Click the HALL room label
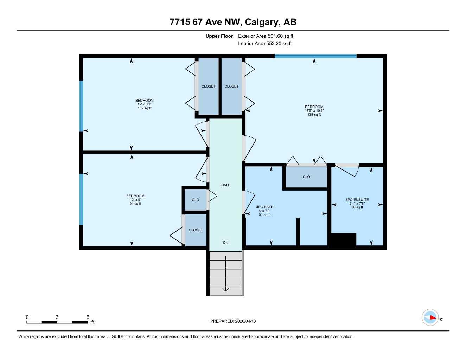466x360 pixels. pyautogui.click(x=225, y=185)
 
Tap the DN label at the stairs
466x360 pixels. pyautogui.click(x=225, y=243)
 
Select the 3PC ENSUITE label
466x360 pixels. pyautogui.click(x=357, y=200)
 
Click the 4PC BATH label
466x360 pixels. pyautogui.click(x=264, y=207)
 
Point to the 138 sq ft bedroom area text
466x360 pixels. pyautogui.click(x=314, y=115)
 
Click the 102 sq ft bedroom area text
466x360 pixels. pyautogui.click(x=145, y=108)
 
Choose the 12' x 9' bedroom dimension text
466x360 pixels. pyautogui.click(x=135, y=200)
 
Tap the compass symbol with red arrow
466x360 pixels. pyautogui.click(x=430, y=317)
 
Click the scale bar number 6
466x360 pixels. pyautogui.click(x=88, y=317)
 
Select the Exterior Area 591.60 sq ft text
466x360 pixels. pyautogui.click(x=266, y=36)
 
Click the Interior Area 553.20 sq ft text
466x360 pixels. pyautogui.click(x=265, y=44)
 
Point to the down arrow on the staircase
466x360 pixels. pyautogui.click(x=225, y=289)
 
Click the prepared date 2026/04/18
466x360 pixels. pyautogui.click(x=245, y=321)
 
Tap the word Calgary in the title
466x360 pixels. pyautogui.click(x=262, y=22)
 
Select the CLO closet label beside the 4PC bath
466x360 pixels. pyautogui.click(x=306, y=177)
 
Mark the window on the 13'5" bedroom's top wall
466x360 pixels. pyautogui.click(x=315, y=56)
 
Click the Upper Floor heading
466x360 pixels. pyautogui.click(x=219, y=36)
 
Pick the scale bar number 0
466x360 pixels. pyautogui.click(x=27, y=317)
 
